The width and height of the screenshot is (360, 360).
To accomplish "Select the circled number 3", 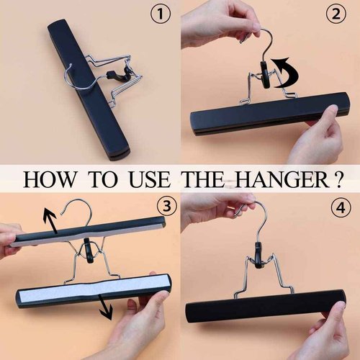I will click(166, 206).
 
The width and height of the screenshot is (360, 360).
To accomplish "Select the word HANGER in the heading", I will click(277, 178).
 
